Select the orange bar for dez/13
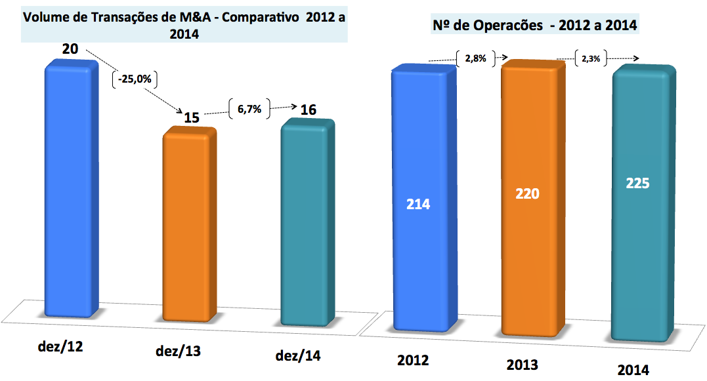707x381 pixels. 190,226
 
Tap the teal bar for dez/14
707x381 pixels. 308,223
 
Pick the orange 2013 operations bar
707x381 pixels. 529,197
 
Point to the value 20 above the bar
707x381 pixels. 71,49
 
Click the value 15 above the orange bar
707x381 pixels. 192,118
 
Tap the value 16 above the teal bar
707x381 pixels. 308,110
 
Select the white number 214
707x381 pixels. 418,204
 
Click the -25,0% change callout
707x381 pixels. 137,79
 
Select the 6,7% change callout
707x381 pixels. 249,110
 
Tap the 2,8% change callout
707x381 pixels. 475,58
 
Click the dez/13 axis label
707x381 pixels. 179,351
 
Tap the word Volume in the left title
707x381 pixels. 45,17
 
